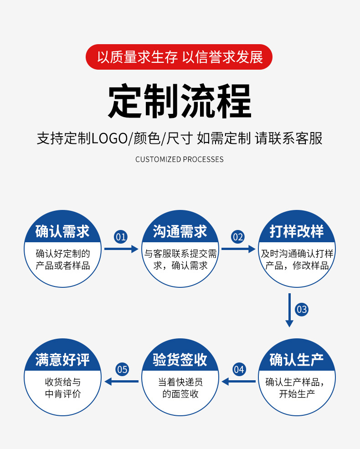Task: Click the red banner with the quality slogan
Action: pyautogui.click(x=180, y=57)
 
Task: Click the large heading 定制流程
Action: pyautogui.click(x=180, y=101)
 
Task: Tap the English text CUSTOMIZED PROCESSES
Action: pyautogui.click(x=180, y=159)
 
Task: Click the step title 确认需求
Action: pyautogui.click(x=62, y=231)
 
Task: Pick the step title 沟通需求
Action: pyautogui.click(x=180, y=231)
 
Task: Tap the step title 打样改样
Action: pyautogui.click(x=297, y=231)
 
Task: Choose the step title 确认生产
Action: pyautogui.click(x=297, y=360)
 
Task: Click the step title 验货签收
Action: pyautogui.click(x=180, y=360)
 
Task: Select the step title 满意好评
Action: pyautogui.click(x=62, y=360)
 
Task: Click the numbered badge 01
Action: pyautogui.click(x=121, y=237)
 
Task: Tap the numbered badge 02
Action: pyautogui.click(x=238, y=237)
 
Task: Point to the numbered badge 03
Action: pyautogui.click(x=302, y=310)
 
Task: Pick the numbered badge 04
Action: pyautogui.click(x=239, y=369)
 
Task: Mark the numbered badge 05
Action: pyautogui.click(x=122, y=369)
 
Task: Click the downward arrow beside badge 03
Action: pyautogui.click(x=289, y=310)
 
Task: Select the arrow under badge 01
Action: pyautogui.click(x=121, y=249)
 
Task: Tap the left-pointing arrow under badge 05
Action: pyautogui.click(x=122, y=381)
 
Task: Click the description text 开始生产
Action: pyautogui.click(x=297, y=394)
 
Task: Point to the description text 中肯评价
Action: pyautogui.click(x=62, y=394)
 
